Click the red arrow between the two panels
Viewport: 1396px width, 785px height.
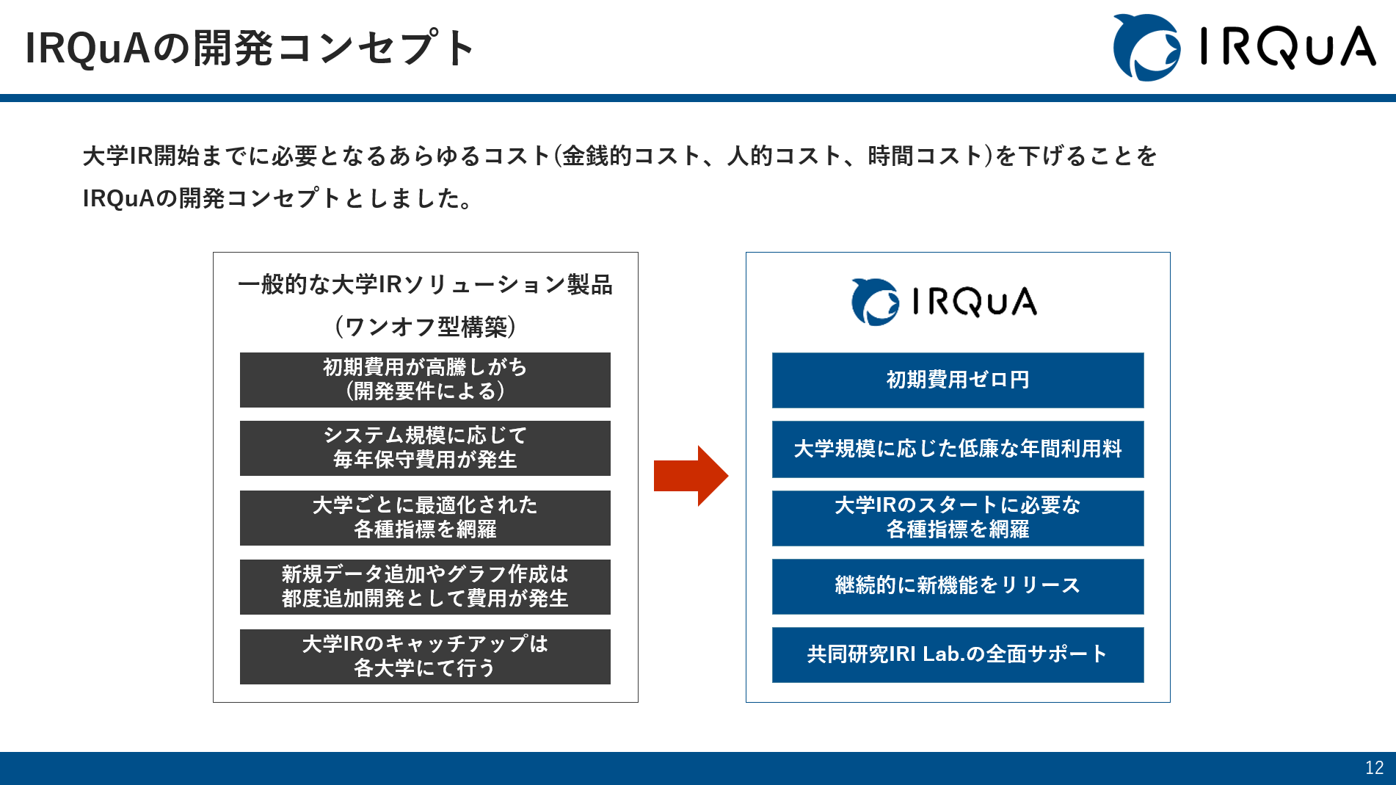690,476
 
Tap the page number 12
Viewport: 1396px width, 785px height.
1374,767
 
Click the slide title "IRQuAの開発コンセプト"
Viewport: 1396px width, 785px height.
250,48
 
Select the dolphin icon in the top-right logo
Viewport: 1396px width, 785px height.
1146,48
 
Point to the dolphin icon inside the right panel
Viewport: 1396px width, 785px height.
875,302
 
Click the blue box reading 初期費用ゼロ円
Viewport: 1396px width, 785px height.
957,380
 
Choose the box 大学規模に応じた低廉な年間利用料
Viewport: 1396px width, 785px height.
957,449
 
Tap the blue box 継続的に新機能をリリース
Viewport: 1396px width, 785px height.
957,586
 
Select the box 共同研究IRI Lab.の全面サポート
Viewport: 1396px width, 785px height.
957,654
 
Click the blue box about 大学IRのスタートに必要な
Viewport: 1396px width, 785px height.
957,518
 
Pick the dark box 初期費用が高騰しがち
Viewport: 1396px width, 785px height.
425,380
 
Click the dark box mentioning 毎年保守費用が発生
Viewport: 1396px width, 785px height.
425,448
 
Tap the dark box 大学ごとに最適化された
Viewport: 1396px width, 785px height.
425,518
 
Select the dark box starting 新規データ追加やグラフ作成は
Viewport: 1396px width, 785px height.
425,587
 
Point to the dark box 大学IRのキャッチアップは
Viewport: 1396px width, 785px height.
425,656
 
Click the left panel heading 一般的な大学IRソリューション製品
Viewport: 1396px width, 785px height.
425,285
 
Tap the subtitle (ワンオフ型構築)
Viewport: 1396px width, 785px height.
425,327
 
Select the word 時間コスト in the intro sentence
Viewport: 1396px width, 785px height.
925,156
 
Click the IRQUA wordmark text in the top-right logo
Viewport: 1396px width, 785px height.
1287,48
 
